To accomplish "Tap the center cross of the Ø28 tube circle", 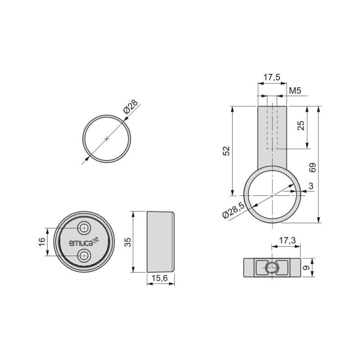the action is pos(107,139).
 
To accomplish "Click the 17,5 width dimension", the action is pos(271,77).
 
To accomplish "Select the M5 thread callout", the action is pos(295,90).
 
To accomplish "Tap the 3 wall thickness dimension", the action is pos(311,186).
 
